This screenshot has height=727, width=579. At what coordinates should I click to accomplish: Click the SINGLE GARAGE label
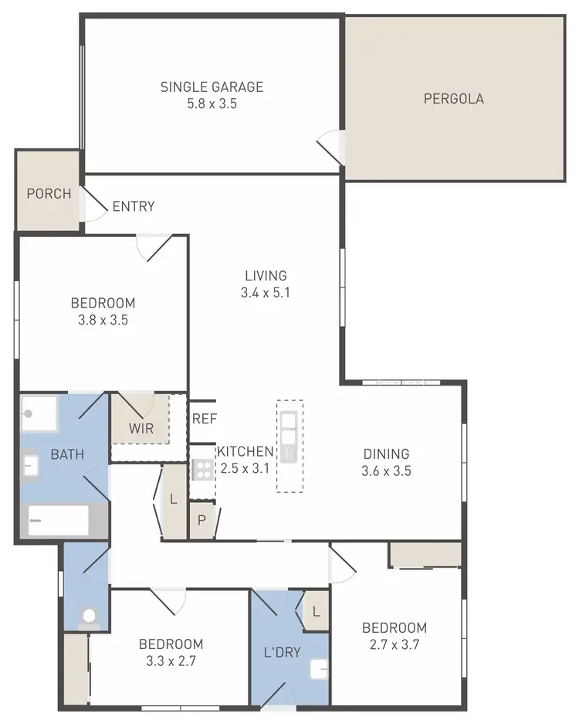[212, 87]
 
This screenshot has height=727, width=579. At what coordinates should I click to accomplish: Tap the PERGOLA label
[454, 99]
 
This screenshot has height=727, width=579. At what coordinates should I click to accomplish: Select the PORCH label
[49, 194]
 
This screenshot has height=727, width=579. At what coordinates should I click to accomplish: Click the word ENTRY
[134, 206]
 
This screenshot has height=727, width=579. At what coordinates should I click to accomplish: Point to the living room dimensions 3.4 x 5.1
[266, 293]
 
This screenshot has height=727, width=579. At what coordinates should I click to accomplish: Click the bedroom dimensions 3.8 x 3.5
[103, 320]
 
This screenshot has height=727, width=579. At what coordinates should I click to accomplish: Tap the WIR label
[141, 427]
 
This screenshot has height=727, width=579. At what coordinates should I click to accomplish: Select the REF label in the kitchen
[205, 420]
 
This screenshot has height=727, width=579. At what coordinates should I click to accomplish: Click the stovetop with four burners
[202, 469]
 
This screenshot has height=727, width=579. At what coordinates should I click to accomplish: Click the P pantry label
[201, 520]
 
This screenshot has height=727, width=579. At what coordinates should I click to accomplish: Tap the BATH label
[67, 455]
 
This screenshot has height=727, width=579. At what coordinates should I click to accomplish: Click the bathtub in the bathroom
[59, 520]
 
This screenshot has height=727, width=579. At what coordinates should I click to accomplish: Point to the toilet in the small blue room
[89, 616]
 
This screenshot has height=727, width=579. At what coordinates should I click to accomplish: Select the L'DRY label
[282, 652]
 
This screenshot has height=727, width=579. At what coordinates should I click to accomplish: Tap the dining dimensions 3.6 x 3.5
[387, 471]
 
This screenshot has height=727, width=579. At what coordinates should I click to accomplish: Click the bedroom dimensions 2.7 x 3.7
[394, 644]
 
